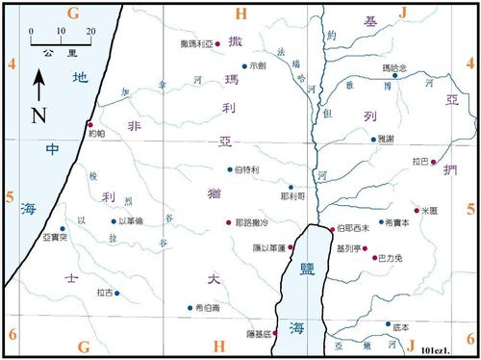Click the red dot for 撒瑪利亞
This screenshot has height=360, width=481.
click(217, 45)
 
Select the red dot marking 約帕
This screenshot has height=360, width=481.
click(89, 124)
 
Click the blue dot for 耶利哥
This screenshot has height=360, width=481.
click(291, 187)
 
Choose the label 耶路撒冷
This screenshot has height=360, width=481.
click(253, 222)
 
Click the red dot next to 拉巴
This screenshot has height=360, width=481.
click(433, 161)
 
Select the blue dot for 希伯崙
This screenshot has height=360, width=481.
click(190, 308)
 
